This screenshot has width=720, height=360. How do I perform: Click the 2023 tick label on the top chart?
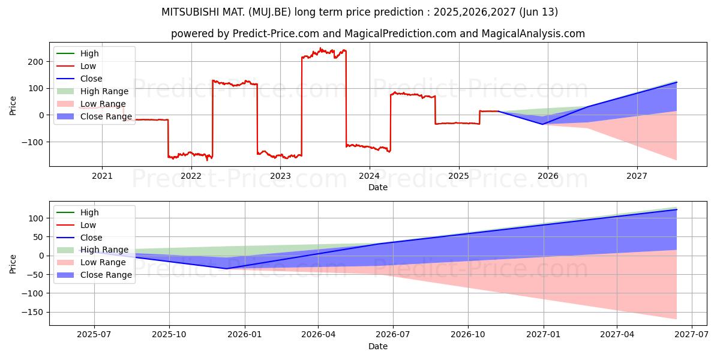[280, 176]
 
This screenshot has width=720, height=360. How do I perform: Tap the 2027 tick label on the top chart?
[637, 176]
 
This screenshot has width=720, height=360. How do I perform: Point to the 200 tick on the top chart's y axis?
[36, 62]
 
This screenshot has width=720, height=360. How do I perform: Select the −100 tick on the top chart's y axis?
[34, 142]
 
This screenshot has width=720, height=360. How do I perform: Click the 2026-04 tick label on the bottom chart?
[318, 335]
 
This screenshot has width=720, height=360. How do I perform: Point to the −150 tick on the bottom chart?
[34, 312]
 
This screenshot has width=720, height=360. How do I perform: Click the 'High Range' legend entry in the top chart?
[104, 91]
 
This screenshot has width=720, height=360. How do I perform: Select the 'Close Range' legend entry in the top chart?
[106, 116]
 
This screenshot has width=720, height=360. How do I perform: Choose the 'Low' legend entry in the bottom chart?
[88, 225]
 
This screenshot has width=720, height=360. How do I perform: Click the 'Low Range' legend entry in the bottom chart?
[104, 262]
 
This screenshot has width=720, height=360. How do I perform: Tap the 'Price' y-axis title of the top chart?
[13, 105]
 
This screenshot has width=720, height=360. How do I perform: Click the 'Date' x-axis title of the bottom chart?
[378, 346]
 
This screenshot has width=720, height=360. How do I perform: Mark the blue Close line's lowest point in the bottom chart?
[226, 268]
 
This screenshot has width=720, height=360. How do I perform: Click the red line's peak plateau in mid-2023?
[324, 52]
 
